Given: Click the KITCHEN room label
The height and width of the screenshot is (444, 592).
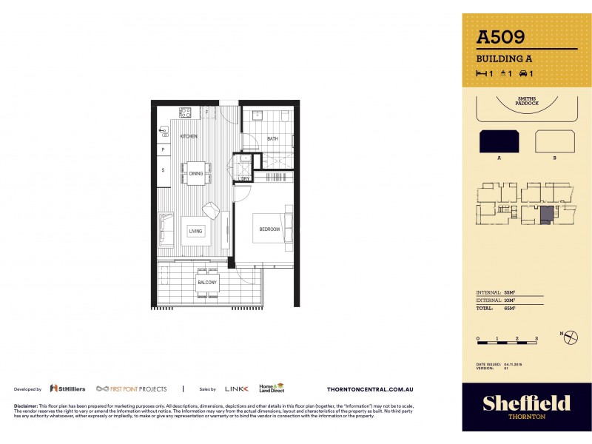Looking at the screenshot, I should [x=189, y=137].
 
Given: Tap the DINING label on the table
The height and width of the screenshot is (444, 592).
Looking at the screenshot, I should [x=195, y=174].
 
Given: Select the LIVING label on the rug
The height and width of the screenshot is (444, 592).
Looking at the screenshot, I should [x=195, y=231].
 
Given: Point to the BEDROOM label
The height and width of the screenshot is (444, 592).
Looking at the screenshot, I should [x=269, y=229].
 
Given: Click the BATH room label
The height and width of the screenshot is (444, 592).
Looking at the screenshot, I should [x=272, y=138].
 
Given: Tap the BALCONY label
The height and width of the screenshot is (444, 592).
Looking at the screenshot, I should [x=206, y=283].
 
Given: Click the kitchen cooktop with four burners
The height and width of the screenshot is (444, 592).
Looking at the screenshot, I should [x=185, y=112].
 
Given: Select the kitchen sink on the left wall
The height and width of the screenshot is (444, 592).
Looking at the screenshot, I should [x=164, y=131].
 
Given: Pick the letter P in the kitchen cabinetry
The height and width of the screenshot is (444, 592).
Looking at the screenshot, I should [x=163, y=150].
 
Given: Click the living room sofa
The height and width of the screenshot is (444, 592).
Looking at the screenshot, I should [x=166, y=229].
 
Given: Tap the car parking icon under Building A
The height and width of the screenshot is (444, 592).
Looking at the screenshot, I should [x=526, y=73].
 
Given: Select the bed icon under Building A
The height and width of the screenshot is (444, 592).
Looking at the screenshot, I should [x=484, y=73].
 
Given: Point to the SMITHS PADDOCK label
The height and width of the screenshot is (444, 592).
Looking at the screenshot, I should [x=527, y=101].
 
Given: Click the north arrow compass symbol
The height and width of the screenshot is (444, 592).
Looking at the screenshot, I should [x=570, y=337].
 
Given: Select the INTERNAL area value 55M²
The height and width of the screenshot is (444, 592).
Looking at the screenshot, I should [x=508, y=293].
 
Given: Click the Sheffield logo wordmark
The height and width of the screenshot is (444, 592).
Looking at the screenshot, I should [x=526, y=403].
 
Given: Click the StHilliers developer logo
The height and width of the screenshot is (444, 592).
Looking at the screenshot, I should [x=67, y=388].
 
